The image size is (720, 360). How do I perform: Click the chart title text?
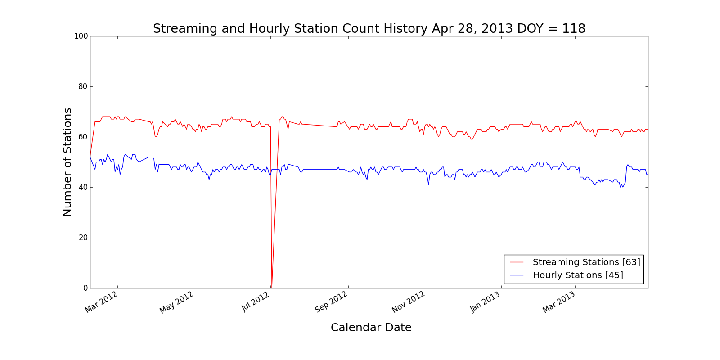coord(369,29)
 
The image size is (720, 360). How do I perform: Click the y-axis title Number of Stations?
coord(67,162)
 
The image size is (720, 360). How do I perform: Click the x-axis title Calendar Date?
coord(371,328)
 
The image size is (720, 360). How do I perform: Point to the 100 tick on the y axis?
coord(81,36)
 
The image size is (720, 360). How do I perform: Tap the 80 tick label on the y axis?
coord(83,86)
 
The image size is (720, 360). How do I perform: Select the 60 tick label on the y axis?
coord(83,137)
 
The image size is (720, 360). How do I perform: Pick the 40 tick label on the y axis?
coord(83,187)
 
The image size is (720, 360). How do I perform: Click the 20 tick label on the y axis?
coord(83,238)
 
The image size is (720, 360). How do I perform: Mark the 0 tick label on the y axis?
coord(85,288)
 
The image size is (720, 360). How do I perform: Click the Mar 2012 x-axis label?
coord(102,301)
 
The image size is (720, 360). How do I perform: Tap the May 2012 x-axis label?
coord(177,302)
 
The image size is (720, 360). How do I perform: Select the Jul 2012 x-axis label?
coord(256,301)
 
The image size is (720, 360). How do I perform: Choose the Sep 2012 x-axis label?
coord(331,302)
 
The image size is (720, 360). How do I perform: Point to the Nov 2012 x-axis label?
coord(408,302)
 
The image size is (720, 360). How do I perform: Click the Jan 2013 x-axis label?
coord(485,301)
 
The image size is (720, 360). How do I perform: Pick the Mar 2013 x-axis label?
coord(559,302)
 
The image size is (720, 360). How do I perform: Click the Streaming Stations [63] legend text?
coord(586,262)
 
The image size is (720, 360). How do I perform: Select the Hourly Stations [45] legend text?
coord(578,275)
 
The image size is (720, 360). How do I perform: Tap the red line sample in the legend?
coord(517,262)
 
